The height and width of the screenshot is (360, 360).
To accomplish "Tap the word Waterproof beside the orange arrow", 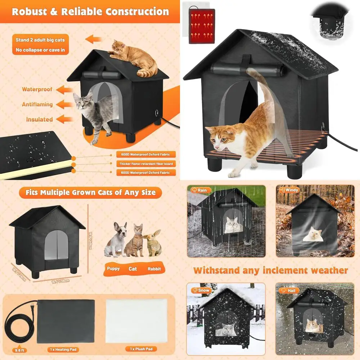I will pyautogui.click(x=37, y=89).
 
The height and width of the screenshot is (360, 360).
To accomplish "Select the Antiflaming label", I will pyautogui.click(x=37, y=104).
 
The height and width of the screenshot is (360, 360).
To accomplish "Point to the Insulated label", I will pyautogui.click(x=39, y=120).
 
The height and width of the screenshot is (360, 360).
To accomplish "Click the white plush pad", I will pyautogui.click(x=136, y=320).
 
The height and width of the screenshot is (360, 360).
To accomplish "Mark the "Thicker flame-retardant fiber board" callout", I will pyautogui.click(x=146, y=164).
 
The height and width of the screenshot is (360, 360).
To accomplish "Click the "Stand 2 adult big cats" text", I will pyautogui.click(x=40, y=40).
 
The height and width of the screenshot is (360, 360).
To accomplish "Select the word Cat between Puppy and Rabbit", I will pyautogui.click(x=133, y=269).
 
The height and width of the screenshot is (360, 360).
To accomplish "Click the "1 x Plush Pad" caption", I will pyautogui.click(x=139, y=349).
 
